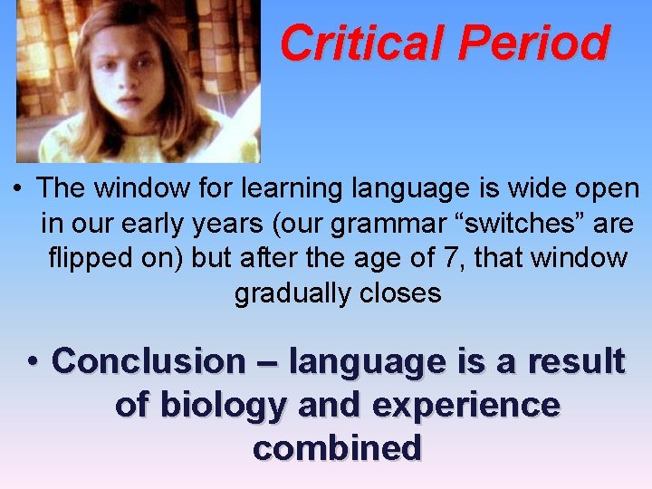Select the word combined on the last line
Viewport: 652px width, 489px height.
337,447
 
